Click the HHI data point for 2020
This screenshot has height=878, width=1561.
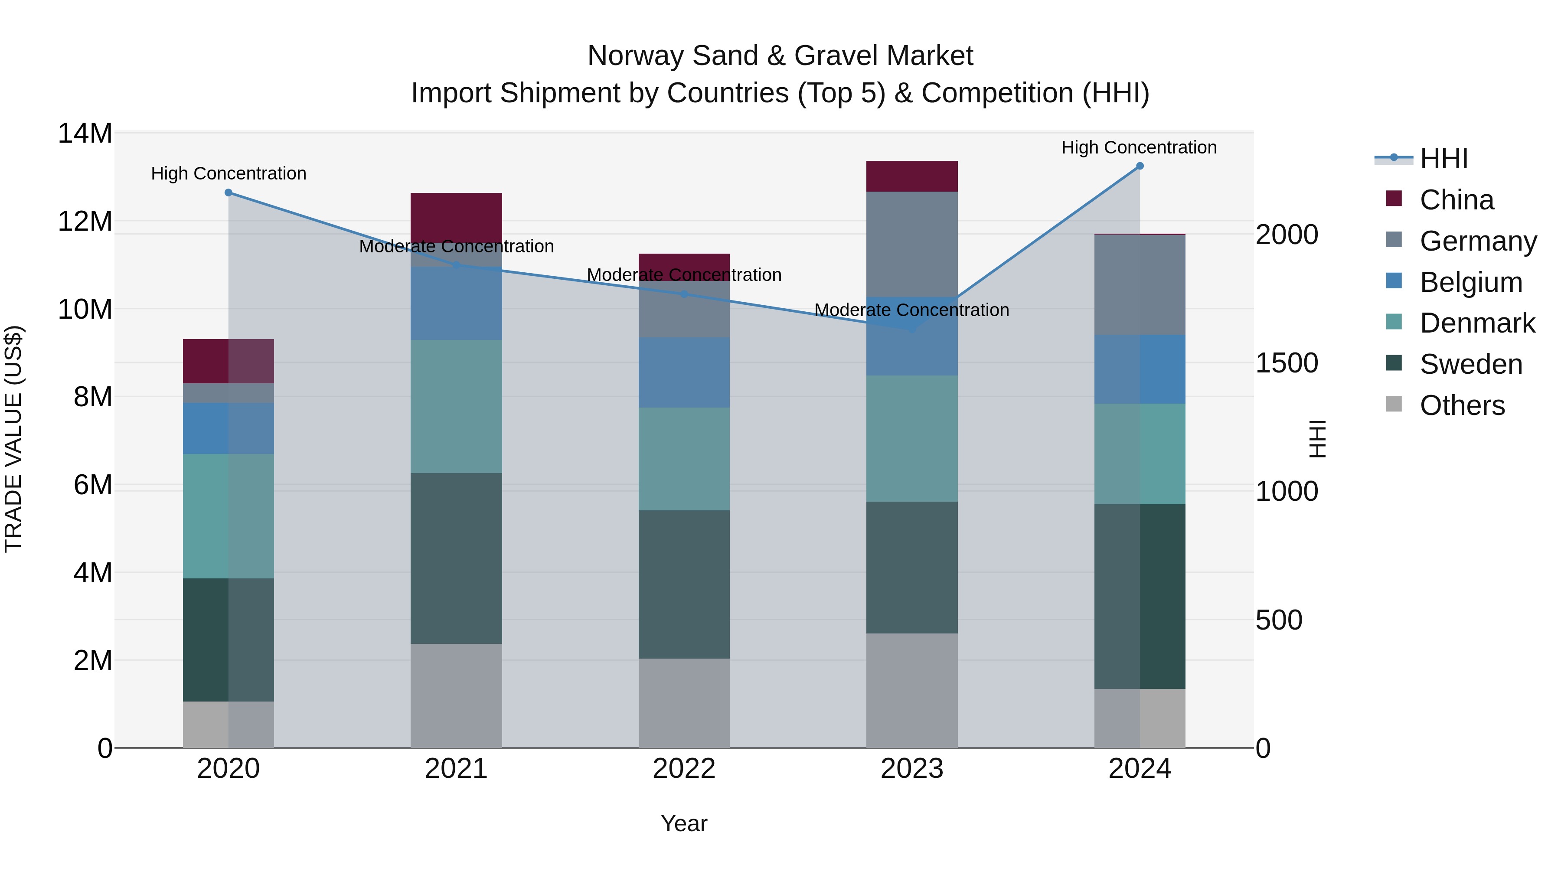(x=229, y=193)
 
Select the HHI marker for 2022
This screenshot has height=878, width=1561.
(x=684, y=294)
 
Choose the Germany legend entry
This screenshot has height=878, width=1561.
(x=1477, y=241)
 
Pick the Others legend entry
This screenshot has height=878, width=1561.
(x=1462, y=405)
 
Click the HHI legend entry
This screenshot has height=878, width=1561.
(x=1443, y=159)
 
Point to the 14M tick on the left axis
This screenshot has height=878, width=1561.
(x=85, y=133)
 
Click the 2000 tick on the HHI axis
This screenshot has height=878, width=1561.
(x=1287, y=235)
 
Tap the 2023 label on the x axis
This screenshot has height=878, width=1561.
(x=911, y=769)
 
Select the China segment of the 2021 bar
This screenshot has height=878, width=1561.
(x=456, y=217)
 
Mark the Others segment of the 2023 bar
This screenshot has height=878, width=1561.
(x=911, y=690)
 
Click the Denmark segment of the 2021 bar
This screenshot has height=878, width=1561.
(x=456, y=406)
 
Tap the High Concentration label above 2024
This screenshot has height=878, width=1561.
(x=1139, y=147)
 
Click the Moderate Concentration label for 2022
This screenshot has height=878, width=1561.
(x=684, y=275)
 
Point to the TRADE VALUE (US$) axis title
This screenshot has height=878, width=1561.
(x=13, y=439)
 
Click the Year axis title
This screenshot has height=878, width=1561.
(x=684, y=823)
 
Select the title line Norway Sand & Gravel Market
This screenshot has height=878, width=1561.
(x=780, y=56)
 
